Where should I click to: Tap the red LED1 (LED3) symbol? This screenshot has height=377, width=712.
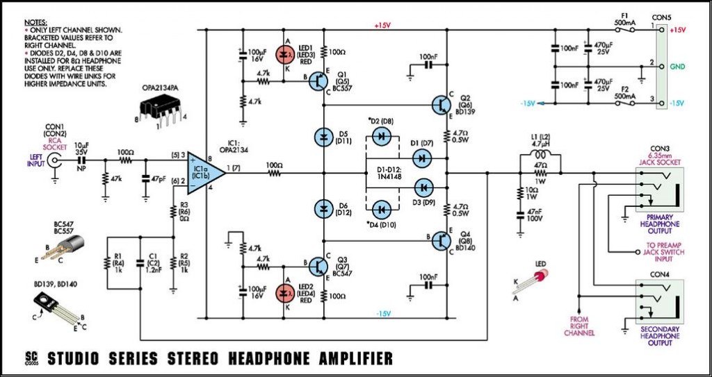tap(284, 53)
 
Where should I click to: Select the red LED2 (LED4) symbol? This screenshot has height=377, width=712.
tap(284, 292)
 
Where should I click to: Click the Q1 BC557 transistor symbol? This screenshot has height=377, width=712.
tap(320, 81)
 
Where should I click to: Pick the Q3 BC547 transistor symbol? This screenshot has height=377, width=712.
tap(320, 266)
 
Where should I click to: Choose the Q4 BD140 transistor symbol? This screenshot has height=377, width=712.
tap(442, 241)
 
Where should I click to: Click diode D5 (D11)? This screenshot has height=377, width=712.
tap(322, 136)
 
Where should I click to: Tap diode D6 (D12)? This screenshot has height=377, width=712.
tap(322, 208)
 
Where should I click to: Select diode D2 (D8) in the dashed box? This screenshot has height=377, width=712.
tap(381, 137)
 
